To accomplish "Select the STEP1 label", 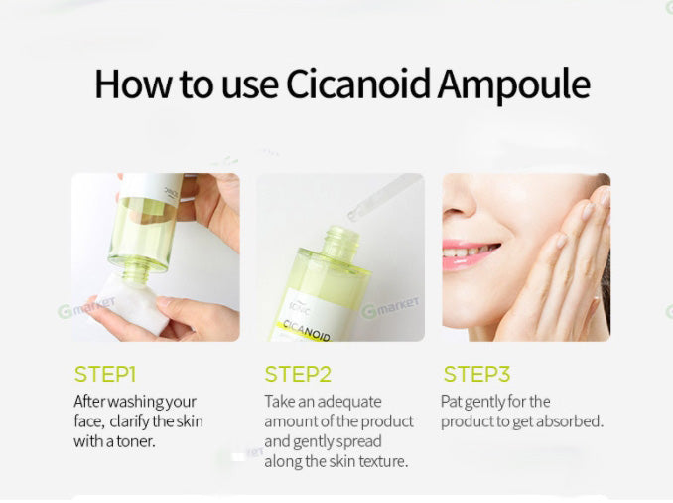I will coord(104,375).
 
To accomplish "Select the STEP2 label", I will coord(297,375).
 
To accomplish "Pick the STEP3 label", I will coord(476,375).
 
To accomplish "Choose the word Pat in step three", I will coord(453,402).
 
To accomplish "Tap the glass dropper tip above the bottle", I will coord(352,212).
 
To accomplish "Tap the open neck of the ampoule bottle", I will coord(341,239).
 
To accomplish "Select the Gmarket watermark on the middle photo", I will coord(391,307).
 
